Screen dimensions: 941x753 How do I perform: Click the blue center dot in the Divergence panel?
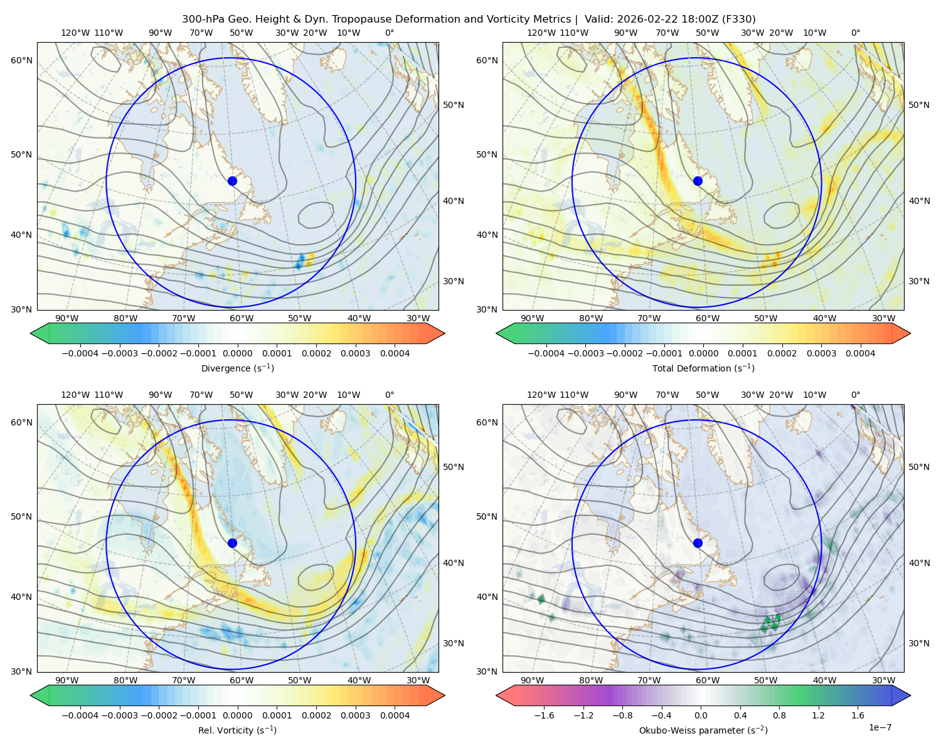(232, 181)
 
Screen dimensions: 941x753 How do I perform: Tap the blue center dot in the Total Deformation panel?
(698, 181)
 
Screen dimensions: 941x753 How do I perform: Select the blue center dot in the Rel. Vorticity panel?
(232, 543)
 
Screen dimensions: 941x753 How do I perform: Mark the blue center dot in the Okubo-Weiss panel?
(698, 543)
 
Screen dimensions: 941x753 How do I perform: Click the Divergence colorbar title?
(237, 368)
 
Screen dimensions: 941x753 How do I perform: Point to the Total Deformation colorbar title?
(703, 368)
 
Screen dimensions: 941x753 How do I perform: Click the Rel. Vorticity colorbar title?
(237, 730)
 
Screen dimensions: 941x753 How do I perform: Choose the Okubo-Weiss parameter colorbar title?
(703, 730)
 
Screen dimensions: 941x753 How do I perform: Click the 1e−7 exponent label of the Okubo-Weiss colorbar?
(880, 727)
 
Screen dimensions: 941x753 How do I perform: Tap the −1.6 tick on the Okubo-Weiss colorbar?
(544, 715)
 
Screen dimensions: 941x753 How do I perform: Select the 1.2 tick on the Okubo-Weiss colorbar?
(818, 715)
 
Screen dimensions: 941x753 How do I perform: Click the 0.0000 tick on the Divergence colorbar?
(237, 353)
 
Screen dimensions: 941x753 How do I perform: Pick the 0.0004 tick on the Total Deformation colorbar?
(860, 353)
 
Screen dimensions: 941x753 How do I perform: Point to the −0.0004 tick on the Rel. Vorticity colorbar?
(80, 715)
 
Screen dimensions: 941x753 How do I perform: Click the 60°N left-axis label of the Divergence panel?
(21, 60)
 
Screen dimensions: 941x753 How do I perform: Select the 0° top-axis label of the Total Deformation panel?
(855, 33)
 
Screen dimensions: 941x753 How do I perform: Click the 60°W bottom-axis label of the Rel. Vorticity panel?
(242, 680)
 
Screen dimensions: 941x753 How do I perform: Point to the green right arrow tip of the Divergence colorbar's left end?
(31, 333)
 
